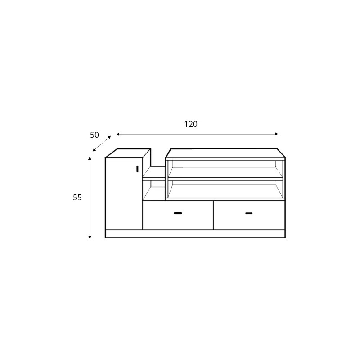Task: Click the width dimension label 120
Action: (191, 124)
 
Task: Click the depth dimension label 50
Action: (94, 135)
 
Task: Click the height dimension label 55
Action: (77, 198)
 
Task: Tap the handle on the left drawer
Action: (178, 213)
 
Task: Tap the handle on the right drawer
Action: (249, 213)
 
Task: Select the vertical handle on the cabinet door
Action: (137, 169)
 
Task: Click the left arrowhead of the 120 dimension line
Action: (118, 134)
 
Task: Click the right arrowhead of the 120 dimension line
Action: (276, 134)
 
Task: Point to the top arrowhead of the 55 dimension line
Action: (90, 158)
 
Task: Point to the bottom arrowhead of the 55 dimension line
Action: (90, 237)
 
